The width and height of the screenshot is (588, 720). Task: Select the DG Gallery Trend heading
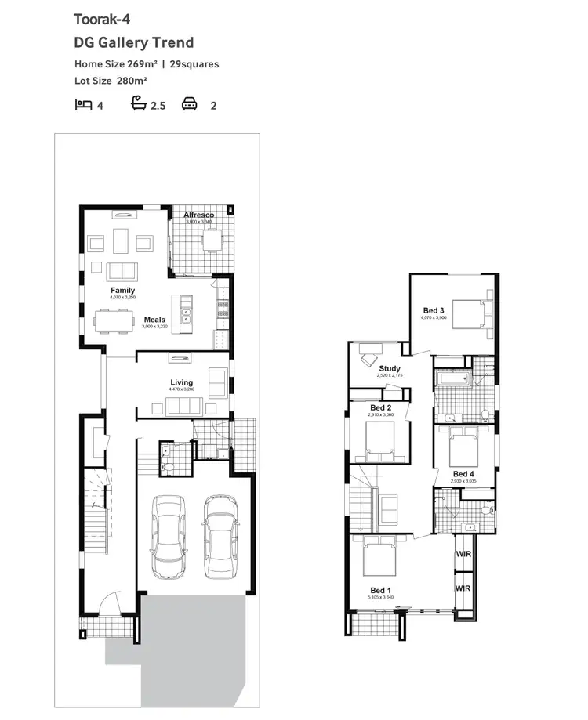pyautogui.click(x=133, y=42)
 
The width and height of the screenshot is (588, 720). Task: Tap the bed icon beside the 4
pyautogui.click(x=82, y=103)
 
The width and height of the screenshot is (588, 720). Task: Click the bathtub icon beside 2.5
pyautogui.click(x=139, y=103)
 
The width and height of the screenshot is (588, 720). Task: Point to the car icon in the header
pyautogui.click(x=189, y=103)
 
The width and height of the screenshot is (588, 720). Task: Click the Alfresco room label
pyautogui.click(x=198, y=215)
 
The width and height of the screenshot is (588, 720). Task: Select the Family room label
pyautogui.click(x=122, y=291)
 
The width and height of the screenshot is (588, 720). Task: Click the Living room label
pyautogui.click(x=182, y=382)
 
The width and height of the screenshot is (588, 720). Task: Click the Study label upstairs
pyautogui.click(x=389, y=368)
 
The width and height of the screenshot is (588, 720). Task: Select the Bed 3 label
pyautogui.click(x=434, y=311)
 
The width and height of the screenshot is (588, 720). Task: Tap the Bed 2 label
pyautogui.click(x=380, y=408)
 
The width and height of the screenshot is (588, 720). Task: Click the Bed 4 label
pyautogui.click(x=463, y=474)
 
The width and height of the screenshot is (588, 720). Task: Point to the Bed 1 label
pyautogui.click(x=380, y=590)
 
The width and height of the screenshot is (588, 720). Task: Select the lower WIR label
pyautogui.click(x=463, y=587)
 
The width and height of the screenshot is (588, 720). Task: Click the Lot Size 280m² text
pyautogui.click(x=111, y=80)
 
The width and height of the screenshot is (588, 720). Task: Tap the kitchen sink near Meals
pyautogui.click(x=187, y=316)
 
